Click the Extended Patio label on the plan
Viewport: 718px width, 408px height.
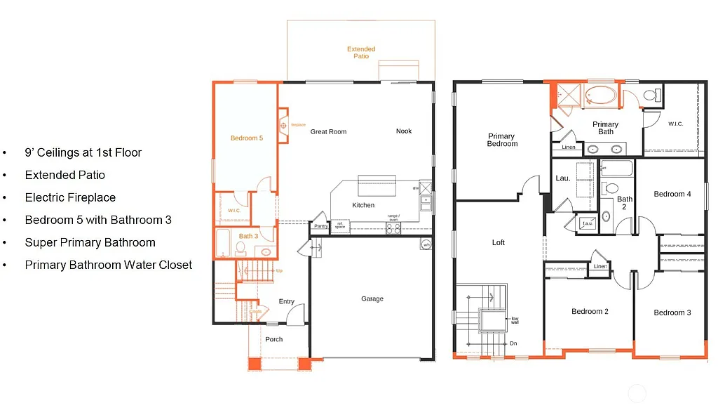pos(361,53)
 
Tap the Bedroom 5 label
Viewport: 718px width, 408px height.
pos(247,138)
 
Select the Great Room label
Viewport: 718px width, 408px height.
pos(328,131)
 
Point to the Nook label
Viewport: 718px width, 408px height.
pos(404,131)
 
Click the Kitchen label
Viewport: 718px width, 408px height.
pos(363,205)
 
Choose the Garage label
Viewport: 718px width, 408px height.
pos(372,298)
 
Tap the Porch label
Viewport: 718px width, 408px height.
pos(274,339)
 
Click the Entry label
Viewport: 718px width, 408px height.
pos(287,301)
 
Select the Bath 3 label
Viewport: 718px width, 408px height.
pos(248,236)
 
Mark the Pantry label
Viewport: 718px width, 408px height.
pos(321,226)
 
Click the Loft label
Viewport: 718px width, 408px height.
pos(499,242)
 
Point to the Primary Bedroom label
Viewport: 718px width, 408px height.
pos(502,140)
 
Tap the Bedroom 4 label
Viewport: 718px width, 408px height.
pos(672,194)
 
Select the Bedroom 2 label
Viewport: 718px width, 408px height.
pos(590,311)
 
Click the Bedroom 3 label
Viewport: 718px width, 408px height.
pos(672,312)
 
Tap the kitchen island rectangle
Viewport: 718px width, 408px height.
pos(377,187)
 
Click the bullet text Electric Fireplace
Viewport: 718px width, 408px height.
pos(70,197)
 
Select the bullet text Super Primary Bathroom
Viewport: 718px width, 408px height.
pos(90,242)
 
